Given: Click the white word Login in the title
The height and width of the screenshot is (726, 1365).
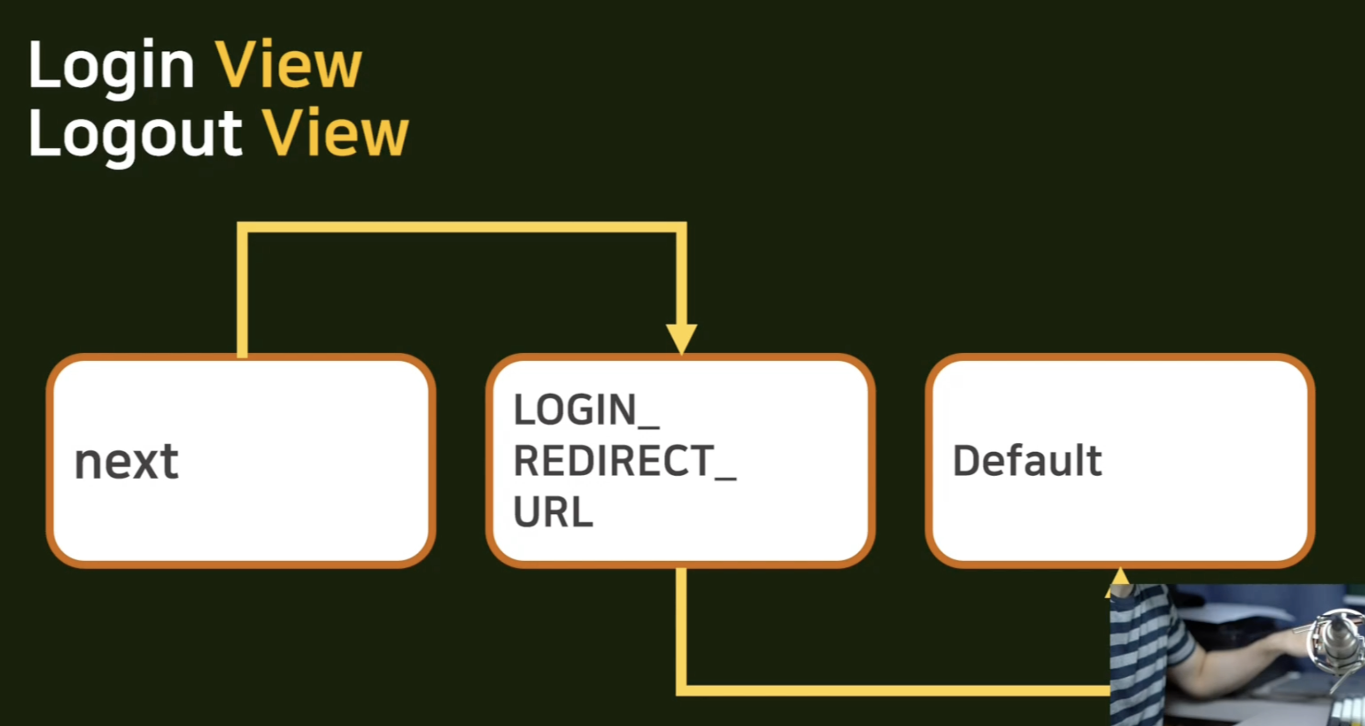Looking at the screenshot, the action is click(111, 68).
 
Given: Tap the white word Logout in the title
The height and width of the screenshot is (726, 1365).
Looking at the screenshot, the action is click(135, 136).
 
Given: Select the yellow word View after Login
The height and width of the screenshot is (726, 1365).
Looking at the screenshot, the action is click(288, 64).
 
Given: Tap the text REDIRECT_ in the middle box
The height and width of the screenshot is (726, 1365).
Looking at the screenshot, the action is click(625, 461).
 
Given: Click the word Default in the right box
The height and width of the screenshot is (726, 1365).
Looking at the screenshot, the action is click(1028, 461).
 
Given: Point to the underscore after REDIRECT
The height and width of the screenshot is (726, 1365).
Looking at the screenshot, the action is click(725, 478).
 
